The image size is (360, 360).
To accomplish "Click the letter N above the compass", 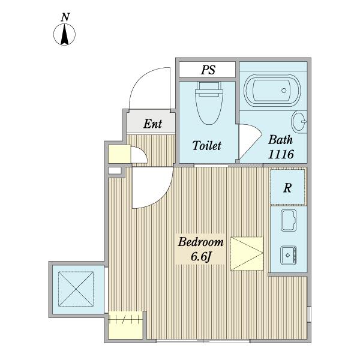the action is [x=65, y=17].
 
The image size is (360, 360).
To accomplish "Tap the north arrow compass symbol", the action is [x=65, y=34].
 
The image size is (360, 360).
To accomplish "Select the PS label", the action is [x=208, y=70].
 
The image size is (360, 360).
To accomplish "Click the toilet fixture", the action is [x=209, y=103].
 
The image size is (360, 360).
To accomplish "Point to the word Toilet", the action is [x=207, y=146].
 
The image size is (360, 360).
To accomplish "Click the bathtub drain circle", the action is [x=284, y=91].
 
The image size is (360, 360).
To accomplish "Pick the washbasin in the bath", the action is [x=299, y=122].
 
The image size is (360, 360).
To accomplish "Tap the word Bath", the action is [x=281, y=140].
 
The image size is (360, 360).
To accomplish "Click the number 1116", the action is [x=281, y=154].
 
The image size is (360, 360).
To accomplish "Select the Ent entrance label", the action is [x=152, y=124].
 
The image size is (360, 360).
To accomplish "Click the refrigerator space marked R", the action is [x=287, y=187].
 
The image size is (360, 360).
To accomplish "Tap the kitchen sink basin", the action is [x=289, y=220].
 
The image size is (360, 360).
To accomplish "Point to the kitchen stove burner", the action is [x=289, y=255].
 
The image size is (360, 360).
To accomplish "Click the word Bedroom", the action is [x=200, y=242].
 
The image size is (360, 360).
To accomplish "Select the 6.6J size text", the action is [x=200, y=257].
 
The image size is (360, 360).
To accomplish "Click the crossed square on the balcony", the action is [x=76, y=289].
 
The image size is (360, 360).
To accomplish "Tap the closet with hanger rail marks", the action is [x=125, y=325].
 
